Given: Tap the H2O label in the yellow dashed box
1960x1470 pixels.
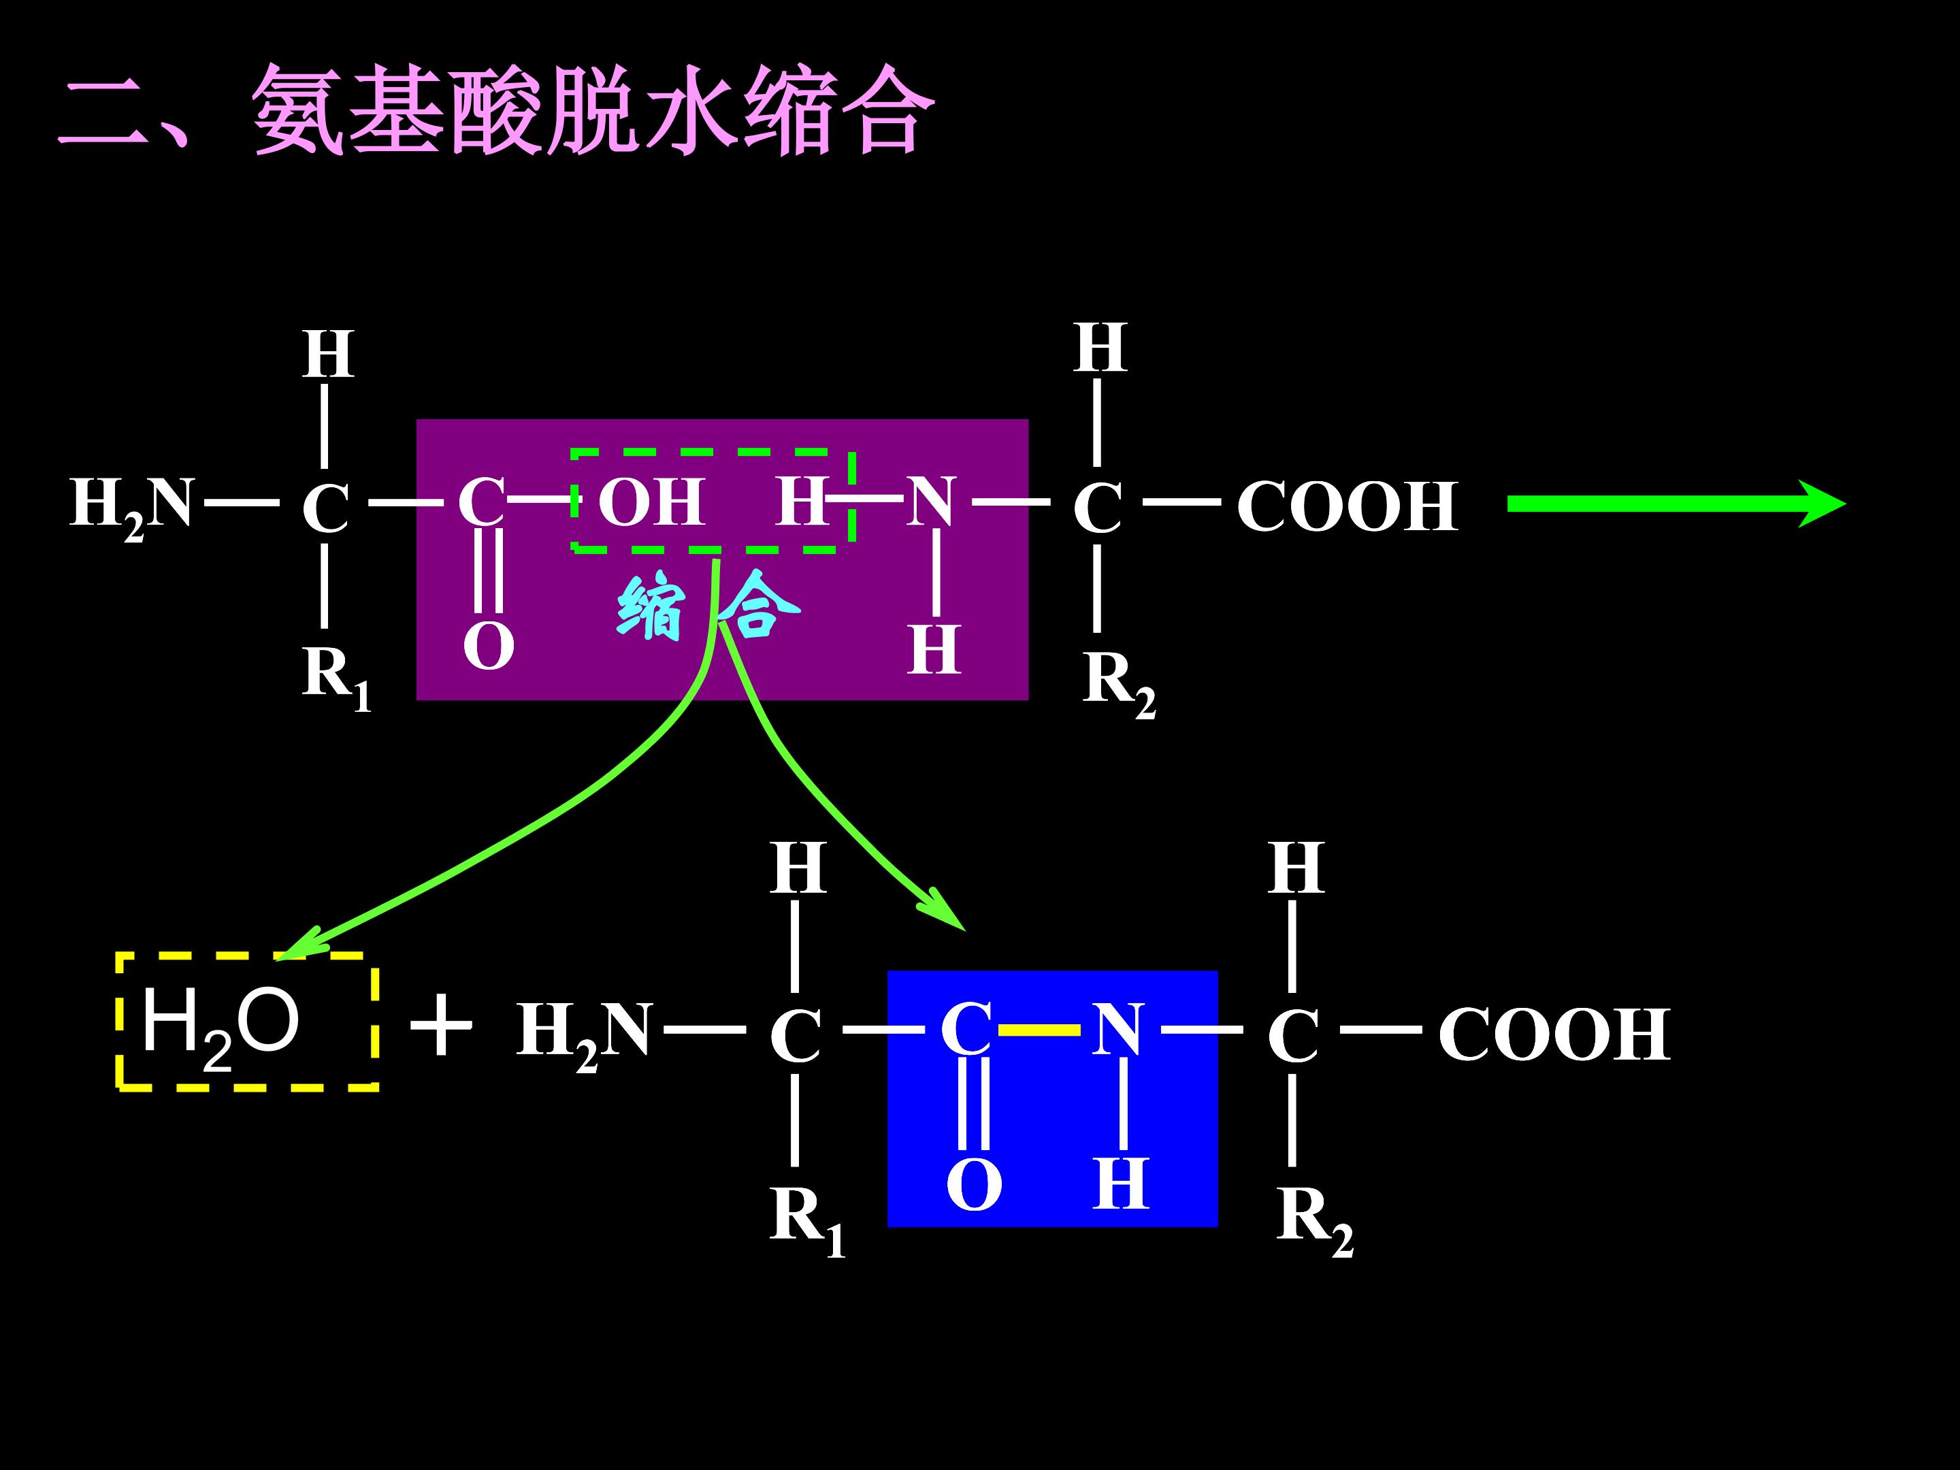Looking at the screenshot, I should [x=220, y=1026].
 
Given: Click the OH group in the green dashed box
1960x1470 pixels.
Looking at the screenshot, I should [x=651, y=502].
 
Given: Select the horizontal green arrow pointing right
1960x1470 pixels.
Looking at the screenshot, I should [x=1675, y=504].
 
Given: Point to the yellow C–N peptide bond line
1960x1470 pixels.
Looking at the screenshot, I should [x=1039, y=1030].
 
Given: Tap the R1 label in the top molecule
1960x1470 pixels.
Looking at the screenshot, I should [x=335, y=675].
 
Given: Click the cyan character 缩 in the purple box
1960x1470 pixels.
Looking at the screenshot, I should [x=651, y=608].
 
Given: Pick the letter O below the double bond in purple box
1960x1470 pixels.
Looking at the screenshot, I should [x=488, y=646].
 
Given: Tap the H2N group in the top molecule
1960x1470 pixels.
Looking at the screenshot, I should [x=132, y=505].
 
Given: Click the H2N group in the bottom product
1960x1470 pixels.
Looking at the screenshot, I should [x=584, y=1033].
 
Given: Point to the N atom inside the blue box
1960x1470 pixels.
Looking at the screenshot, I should [x=1117, y=1030].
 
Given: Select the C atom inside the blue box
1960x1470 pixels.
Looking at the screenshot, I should [x=966, y=1030].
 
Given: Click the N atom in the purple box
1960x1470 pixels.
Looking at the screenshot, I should [x=931, y=502].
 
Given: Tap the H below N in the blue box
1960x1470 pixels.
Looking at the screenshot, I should [x=1121, y=1183].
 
